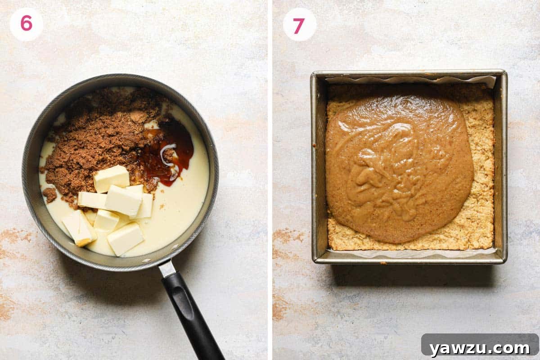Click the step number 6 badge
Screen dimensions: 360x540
pos(26,24)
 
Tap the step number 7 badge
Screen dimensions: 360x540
pos(299,24)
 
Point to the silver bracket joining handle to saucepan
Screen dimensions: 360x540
pos(167,268)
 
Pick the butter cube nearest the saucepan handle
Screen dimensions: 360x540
pos(126,238)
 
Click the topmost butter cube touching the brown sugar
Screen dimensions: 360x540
pos(111,178)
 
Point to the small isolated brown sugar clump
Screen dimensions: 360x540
pos(49,194)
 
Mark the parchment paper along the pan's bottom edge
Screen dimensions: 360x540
pos(409,253)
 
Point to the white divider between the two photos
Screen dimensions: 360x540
pos(270,180)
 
